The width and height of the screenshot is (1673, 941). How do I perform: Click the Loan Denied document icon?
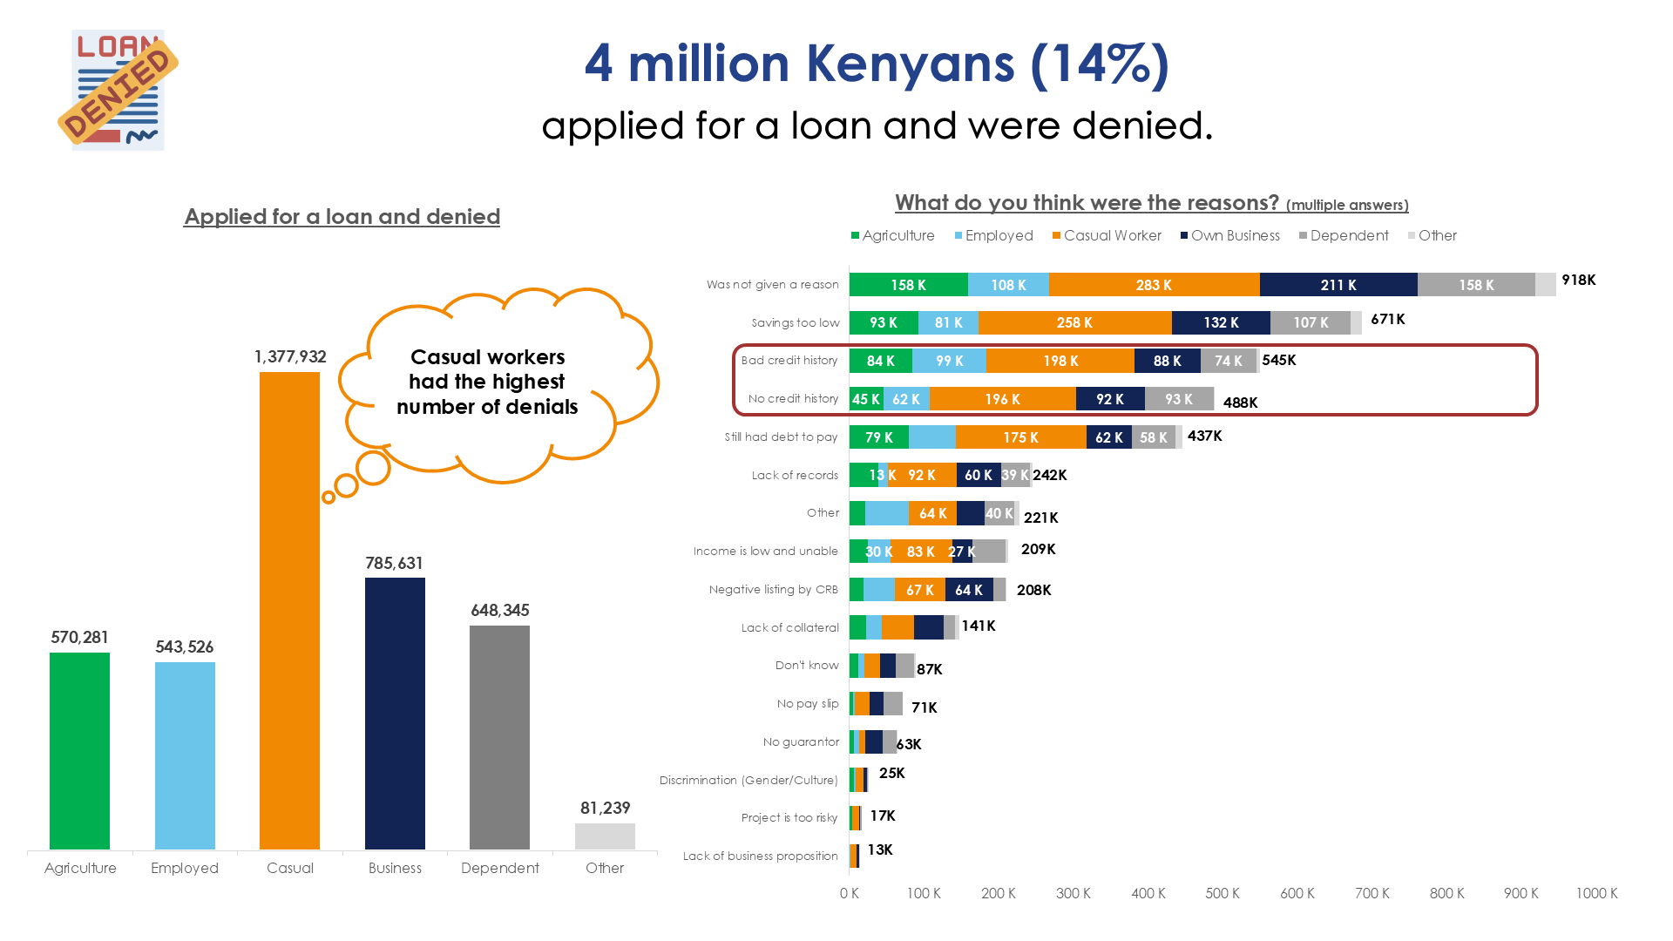118,90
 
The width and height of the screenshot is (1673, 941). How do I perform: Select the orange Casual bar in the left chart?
289,610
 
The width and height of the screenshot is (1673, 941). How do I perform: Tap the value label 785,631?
394,564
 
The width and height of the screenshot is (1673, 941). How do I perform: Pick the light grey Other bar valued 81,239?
605,836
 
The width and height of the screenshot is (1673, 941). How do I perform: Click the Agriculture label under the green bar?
80,869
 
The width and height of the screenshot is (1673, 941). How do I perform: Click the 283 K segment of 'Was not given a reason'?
1154,285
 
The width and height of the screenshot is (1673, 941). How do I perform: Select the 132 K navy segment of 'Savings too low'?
1221,323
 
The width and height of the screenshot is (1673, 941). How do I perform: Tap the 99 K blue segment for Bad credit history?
949,361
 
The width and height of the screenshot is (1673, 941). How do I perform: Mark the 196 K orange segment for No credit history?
1002,399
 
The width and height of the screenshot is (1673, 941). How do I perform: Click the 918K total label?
1578,281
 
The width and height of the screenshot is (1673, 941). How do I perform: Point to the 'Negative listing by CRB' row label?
773,590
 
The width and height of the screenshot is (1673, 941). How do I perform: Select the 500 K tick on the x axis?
1223,894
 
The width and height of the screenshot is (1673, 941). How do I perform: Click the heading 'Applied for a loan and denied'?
342,217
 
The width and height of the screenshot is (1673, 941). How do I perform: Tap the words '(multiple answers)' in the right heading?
1347,206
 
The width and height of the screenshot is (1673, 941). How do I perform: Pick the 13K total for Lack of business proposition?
880,850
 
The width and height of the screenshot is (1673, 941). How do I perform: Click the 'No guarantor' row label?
801,742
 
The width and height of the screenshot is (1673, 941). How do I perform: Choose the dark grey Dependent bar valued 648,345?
499,737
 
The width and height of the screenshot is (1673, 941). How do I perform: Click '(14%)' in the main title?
1100,64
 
